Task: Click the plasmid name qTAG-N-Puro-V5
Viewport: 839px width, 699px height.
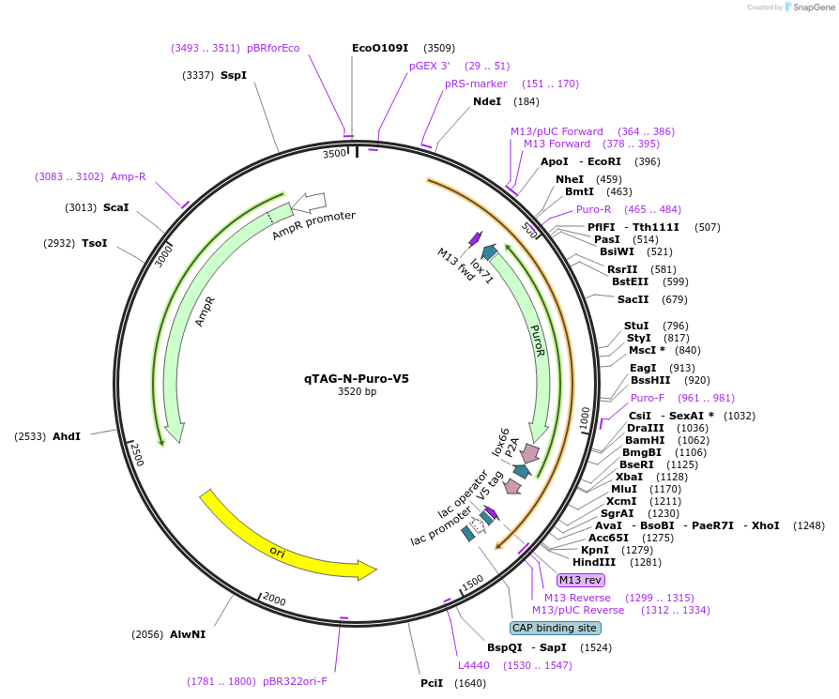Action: click(x=356, y=379)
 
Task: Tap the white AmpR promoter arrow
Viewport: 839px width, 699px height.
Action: click(x=309, y=202)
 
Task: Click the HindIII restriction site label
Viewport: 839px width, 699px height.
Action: click(x=594, y=562)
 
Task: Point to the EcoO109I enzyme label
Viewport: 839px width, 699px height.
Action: click(x=380, y=48)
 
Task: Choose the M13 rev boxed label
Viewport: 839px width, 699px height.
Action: click(x=580, y=580)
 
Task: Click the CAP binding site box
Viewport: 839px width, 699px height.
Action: click(x=555, y=628)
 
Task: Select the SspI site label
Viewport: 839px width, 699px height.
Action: click(x=234, y=75)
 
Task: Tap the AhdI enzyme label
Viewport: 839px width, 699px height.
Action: click(x=67, y=436)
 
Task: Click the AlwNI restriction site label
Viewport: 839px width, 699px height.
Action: click(x=188, y=634)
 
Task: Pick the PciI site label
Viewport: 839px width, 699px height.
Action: click(x=432, y=683)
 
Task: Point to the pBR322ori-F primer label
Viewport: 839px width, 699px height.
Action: click(x=295, y=681)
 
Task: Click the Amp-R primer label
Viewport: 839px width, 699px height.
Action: click(x=129, y=176)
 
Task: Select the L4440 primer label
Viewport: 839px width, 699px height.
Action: click(x=474, y=665)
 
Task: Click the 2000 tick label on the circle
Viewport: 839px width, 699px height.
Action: click(x=273, y=600)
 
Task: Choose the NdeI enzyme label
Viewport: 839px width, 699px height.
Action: click(x=487, y=101)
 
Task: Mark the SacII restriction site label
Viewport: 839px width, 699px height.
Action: click(x=633, y=299)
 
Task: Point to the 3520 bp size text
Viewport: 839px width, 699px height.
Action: click(x=357, y=392)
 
